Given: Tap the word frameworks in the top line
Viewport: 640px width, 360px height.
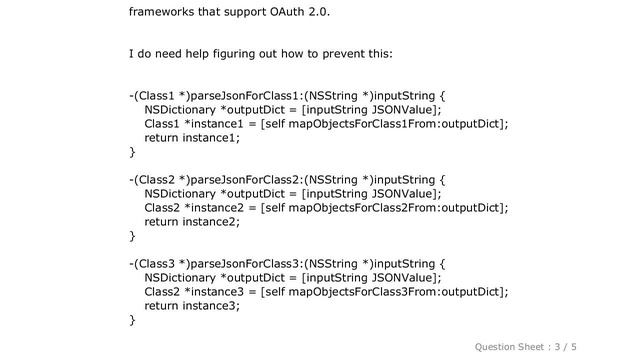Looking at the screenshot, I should pos(165,13).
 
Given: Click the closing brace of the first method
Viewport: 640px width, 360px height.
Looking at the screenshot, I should pos(132,152).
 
